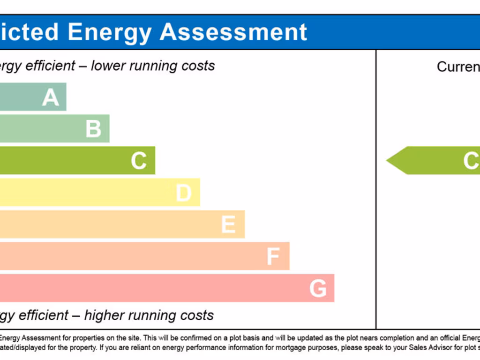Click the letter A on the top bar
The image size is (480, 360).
click(51, 97)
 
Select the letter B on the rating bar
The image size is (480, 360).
click(94, 129)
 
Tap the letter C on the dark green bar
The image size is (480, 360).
click(139, 161)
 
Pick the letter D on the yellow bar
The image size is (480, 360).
click(184, 193)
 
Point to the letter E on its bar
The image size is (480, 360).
click(228, 225)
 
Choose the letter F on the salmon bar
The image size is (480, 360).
click(273, 256)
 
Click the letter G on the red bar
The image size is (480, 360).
click(318, 288)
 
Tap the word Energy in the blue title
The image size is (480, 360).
click(110, 32)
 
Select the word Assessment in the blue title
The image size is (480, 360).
click(233, 32)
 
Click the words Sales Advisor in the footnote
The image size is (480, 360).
click(431, 347)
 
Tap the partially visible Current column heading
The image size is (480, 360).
click(458, 67)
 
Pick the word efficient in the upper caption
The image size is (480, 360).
click(51, 66)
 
